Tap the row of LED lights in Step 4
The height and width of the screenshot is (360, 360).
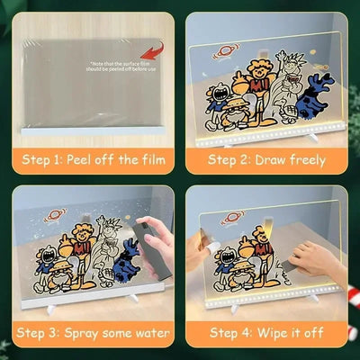coord(270,293)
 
